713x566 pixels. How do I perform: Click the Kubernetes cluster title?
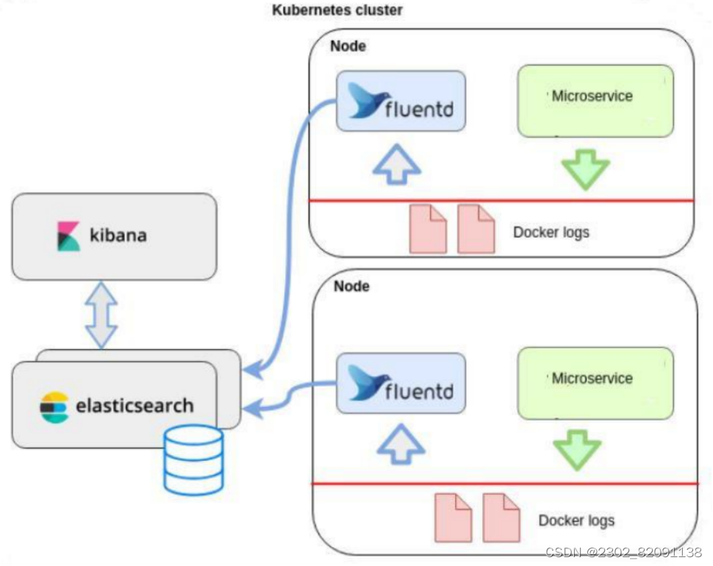[337, 10]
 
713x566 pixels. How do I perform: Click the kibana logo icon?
[68, 236]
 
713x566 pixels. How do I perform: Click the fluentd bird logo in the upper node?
[366, 101]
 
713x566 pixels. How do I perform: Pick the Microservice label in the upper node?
[592, 96]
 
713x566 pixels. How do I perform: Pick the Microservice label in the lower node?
[592, 379]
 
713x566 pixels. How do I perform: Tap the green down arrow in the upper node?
[585, 169]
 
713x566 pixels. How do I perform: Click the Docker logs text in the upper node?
[551, 232]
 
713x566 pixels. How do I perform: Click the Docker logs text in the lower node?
[576, 520]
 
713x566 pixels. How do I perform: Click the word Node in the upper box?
[348, 46]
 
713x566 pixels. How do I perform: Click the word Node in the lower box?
[351, 286]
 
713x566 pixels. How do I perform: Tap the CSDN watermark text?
[623, 552]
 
